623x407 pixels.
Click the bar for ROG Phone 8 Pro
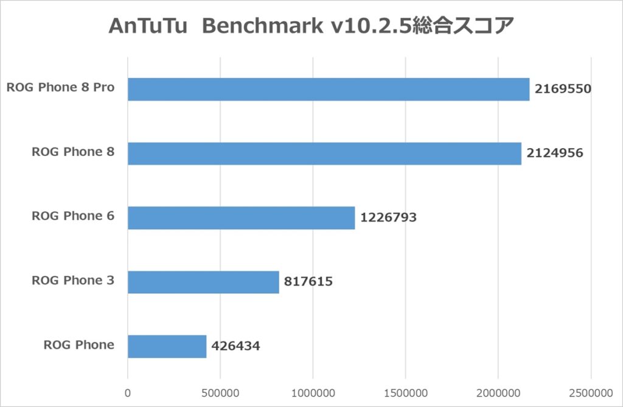[329, 89]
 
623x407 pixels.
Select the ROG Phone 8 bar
[324, 154]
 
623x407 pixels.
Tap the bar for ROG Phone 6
[241, 218]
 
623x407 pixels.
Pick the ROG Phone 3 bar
[203, 282]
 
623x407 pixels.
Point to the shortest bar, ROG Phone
[167, 346]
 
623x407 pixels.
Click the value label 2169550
[563, 89]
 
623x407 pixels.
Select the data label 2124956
[555, 154]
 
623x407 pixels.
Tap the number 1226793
[388, 218]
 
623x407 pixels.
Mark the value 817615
[308, 282]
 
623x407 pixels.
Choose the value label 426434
[235, 346]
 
